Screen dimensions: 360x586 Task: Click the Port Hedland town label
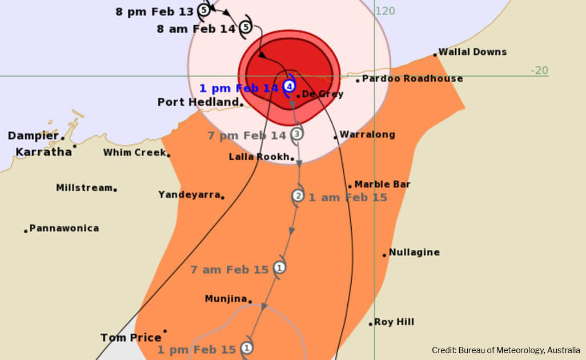click(198, 102)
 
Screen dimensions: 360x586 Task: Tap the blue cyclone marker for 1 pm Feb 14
click(290, 87)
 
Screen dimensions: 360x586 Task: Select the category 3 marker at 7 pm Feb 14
click(296, 134)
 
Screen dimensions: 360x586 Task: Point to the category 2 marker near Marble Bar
click(298, 196)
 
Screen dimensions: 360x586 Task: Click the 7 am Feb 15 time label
click(229, 270)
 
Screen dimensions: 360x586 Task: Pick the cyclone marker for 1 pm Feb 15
click(247, 347)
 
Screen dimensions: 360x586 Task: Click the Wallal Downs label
click(472, 52)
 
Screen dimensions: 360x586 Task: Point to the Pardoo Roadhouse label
click(412, 79)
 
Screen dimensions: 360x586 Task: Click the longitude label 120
click(386, 11)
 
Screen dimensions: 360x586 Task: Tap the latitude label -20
click(539, 70)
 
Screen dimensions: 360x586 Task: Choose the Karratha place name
click(43, 152)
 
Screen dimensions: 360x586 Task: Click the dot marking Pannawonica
click(26, 231)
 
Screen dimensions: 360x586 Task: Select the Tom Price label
click(130, 338)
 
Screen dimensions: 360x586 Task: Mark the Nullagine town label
click(414, 253)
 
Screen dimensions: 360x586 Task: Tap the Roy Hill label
click(394, 322)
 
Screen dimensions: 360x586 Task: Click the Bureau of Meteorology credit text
click(505, 350)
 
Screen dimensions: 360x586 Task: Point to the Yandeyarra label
click(189, 195)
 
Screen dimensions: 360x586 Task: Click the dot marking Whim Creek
click(168, 155)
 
